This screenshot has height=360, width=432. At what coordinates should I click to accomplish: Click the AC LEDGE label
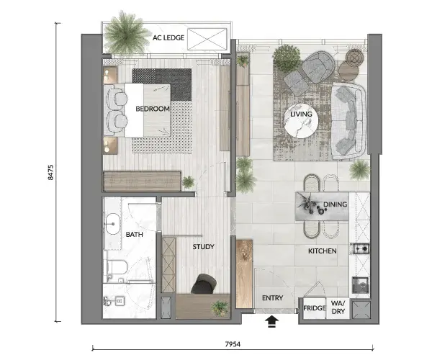tap(168, 37)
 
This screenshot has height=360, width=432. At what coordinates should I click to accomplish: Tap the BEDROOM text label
tap(153, 109)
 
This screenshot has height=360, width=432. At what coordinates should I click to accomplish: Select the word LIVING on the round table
tap(301, 114)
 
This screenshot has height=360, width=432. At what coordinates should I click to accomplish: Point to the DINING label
tap(335, 204)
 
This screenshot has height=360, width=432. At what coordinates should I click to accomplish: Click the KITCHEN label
tap(323, 251)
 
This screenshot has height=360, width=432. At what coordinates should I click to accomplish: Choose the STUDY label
tap(203, 247)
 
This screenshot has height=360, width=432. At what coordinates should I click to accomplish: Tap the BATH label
tap(134, 235)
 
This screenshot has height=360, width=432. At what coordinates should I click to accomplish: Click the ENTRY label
tap(272, 298)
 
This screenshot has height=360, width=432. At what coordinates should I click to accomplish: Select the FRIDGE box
tap(315, 308)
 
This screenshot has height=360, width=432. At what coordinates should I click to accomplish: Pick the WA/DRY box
tap(338, 308)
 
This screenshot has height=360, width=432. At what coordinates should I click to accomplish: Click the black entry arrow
tap(271, 322)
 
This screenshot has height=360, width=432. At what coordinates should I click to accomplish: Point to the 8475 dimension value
tap(50, 172)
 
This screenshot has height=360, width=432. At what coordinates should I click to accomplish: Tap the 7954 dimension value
tap(233, 344)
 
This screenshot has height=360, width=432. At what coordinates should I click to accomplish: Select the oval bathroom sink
tap(113, 224)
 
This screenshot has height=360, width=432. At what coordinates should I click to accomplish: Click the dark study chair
tap(204, 284)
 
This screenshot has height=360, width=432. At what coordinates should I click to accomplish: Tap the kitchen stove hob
tap(361, 248)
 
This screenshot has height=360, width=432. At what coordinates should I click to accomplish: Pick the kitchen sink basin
tap(361, 285)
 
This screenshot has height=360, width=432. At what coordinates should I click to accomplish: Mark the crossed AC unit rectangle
tap(207, 39)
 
